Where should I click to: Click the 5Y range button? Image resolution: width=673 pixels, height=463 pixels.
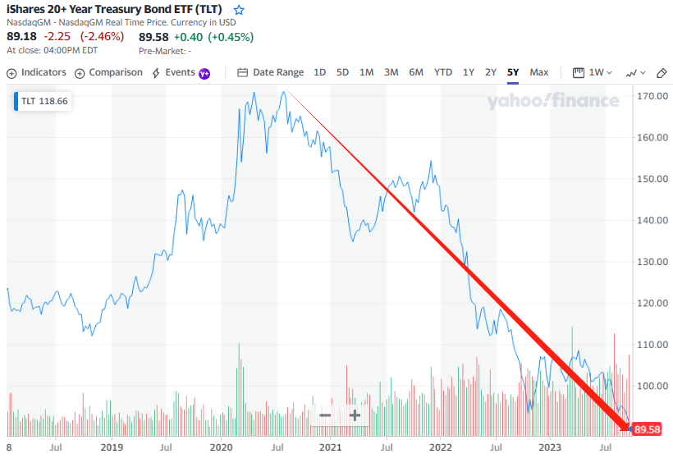click(x=513, y=72)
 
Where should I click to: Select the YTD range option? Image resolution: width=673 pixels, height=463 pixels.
click(x=443, y=72)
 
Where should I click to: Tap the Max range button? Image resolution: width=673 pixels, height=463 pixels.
click(x=539, y=72)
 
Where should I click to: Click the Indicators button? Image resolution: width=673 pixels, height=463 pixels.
click(x=37, y=72)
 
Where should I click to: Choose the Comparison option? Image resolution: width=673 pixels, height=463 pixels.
click(x=108, y=72)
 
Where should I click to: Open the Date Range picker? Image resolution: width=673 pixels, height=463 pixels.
click(x=271, y=72)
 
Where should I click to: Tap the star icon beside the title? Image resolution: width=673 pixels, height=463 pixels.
click(x=239, y=11)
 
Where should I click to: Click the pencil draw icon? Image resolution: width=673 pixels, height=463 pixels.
click(x=662, y=72)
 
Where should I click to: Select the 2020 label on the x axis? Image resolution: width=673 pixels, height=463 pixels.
click(x=221, y=447)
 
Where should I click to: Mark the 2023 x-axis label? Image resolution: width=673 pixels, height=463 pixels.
click(x=551, y=447)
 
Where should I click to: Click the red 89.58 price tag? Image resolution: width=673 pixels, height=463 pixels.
click(x=647, y=429)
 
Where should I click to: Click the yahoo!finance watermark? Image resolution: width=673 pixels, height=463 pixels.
click(x=553, y=101)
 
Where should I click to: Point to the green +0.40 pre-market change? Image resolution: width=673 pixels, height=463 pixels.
click(x=181, y=36)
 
